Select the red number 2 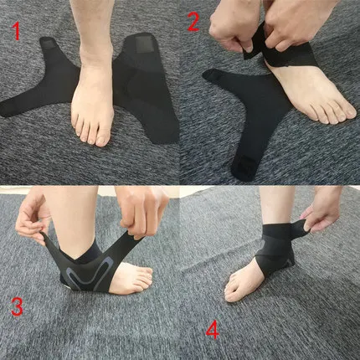[x=193, y=22]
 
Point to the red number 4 [x=213, y=329]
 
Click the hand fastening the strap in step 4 [x=322, y=209]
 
